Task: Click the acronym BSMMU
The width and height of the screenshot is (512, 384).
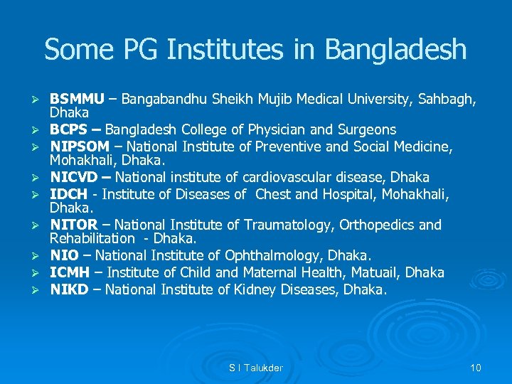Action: (77, 99)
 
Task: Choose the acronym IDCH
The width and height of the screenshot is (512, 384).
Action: (68, 194)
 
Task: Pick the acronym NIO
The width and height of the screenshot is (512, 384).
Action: (63, 255)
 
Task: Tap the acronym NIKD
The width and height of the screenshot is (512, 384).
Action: (68, 289)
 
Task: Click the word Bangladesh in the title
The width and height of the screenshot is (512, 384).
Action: (396, 50)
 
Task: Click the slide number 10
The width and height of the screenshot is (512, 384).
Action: (476, 368)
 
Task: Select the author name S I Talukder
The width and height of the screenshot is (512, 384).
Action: (256, 368)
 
